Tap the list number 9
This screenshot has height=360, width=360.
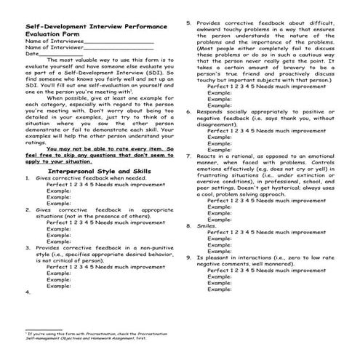tap(188, 257)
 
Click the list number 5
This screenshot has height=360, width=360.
tap(188, 23)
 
